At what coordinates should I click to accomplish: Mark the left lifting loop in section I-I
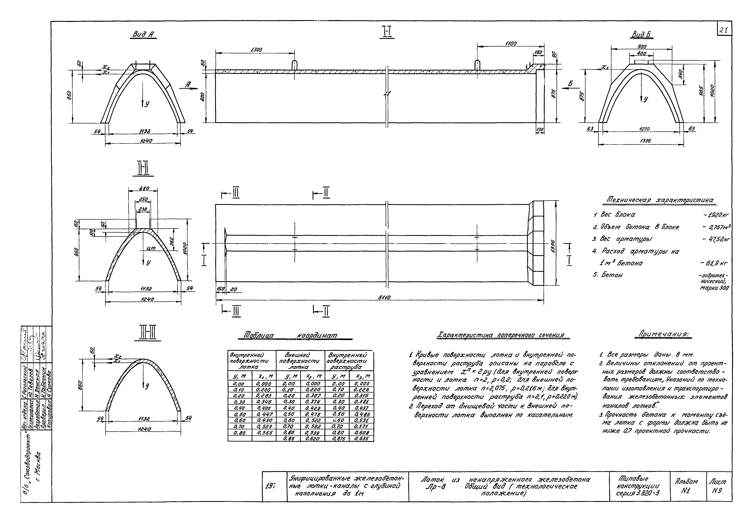(294, 64)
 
